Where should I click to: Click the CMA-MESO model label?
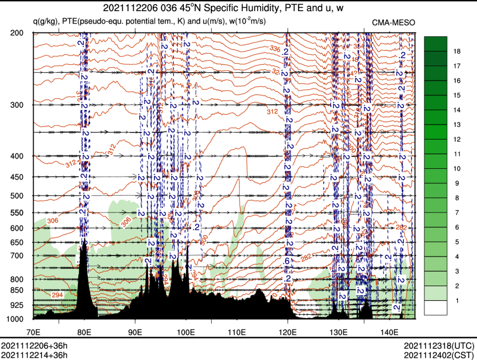click(393, 22)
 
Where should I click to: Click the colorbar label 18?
click(456, 51)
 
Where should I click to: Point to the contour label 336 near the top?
click(275, 50)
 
